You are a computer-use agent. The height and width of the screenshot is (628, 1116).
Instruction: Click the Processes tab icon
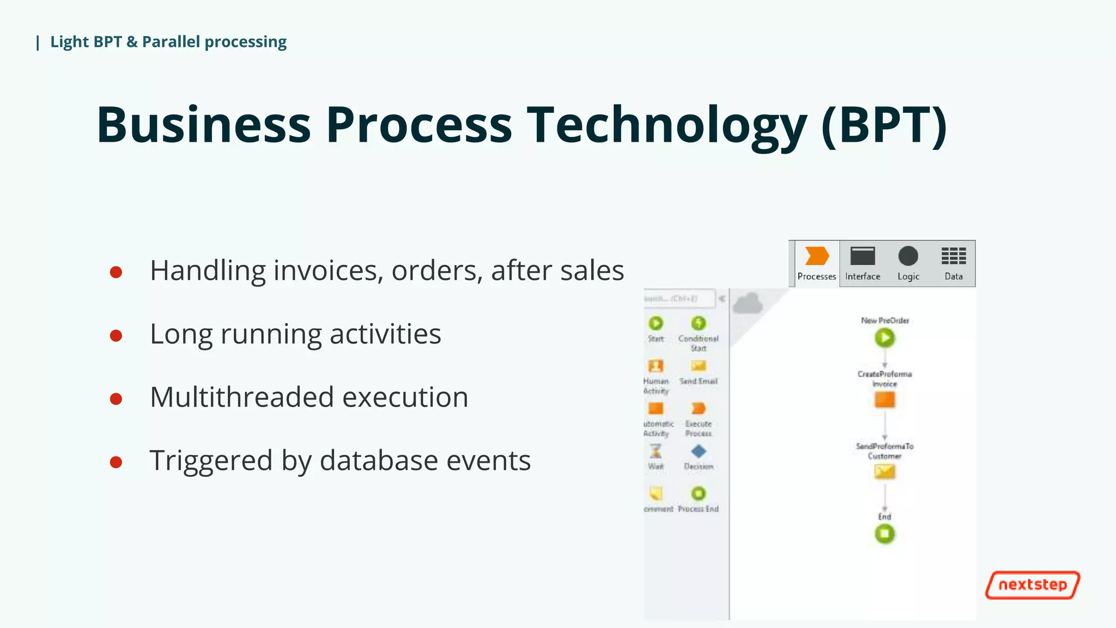tap(816, 256)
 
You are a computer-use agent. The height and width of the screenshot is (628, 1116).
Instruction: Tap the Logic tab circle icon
tap(908, 256)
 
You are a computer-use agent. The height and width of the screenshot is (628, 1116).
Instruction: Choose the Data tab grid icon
tap(953, 256)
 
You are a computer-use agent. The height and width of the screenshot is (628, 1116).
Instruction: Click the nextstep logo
tap(1032, 585)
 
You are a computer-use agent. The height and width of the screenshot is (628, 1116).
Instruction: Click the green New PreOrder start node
tap(884, 338)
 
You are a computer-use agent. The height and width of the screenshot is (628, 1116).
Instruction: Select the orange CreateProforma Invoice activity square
tap(884, 400)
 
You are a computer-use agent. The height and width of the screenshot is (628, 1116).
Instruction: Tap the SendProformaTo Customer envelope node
tap(884, 471)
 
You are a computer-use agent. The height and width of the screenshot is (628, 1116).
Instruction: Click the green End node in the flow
tap(884, 534)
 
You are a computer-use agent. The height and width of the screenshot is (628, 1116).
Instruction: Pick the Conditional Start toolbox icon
tap(698, 323)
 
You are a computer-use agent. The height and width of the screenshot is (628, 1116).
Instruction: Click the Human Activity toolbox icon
tap(656, 366)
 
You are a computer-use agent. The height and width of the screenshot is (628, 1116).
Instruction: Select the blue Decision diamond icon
tap(698, 451)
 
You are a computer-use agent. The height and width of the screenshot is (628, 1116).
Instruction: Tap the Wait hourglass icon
tap(656, 451)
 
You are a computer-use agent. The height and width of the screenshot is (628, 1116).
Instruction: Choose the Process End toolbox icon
tap(698, 493)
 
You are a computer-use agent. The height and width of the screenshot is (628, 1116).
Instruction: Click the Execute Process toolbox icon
tap(698, 408)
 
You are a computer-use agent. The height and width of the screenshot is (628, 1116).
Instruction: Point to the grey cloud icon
tap(748, 304)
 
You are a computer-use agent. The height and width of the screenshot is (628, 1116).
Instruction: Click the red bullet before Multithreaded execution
tap(116, 399)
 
